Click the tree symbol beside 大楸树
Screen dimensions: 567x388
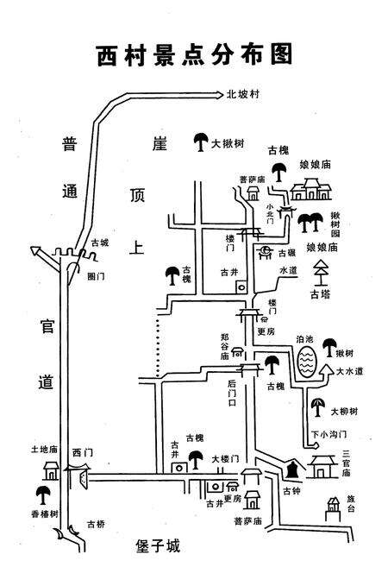pyautogui.click(x=200, y=141)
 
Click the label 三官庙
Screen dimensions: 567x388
pyautogui.click(x=346, y=463)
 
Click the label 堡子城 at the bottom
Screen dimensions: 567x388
pyautogui.click(x=159, y=545)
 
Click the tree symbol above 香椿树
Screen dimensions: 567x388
pyautogui.click(x=41, y=495)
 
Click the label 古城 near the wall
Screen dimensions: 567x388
pyautogui.click(x=100, y=243)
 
